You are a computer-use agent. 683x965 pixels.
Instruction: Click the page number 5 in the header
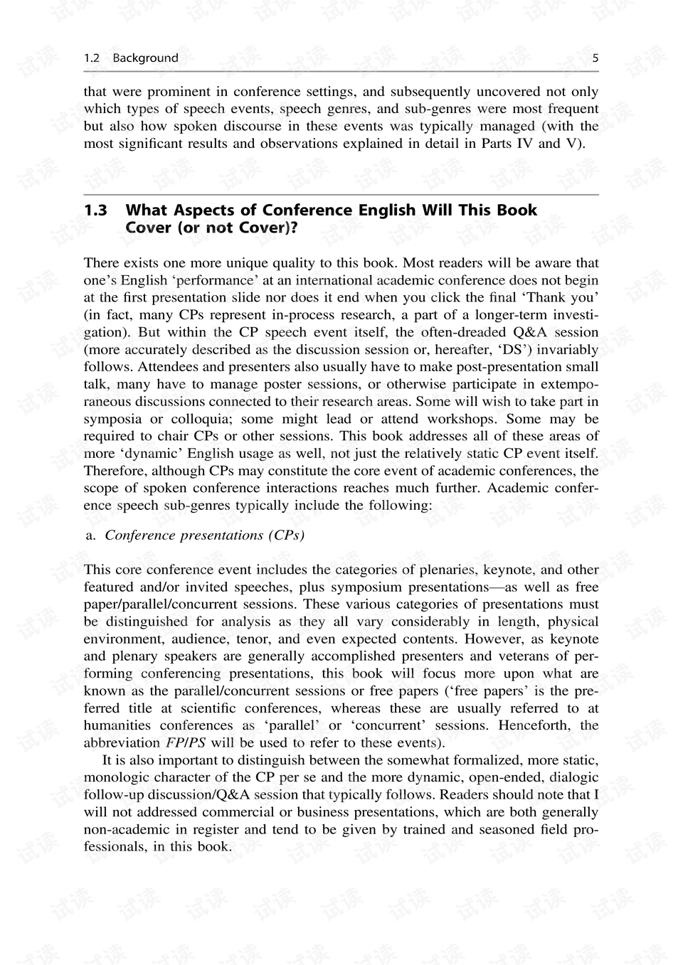[x=595, y=58]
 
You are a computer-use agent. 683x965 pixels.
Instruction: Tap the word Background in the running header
[x=145, y=58]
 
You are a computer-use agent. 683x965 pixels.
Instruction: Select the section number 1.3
[x=95, y=210]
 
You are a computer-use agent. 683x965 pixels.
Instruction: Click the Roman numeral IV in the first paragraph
[x=523, y=144]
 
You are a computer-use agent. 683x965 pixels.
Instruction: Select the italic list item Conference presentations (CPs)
[x=204, y=535]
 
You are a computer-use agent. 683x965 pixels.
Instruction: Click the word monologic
[x=114, y=777]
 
